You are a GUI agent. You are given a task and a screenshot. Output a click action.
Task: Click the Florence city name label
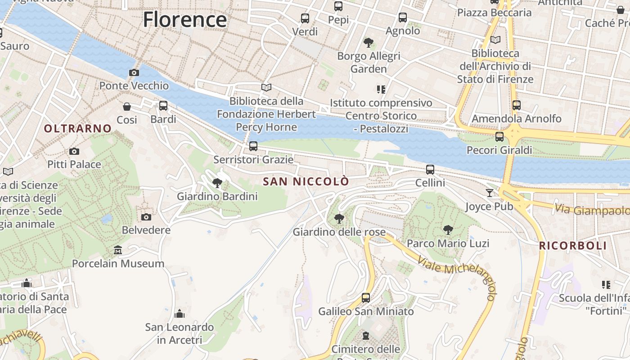[x=185, y=20]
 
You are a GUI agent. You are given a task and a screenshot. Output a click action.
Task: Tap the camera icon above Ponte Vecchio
[x=134, y=72]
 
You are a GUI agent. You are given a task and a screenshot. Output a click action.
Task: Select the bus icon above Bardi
[x=163, y=106]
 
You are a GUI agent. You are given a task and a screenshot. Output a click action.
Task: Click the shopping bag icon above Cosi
[x=127, y=107]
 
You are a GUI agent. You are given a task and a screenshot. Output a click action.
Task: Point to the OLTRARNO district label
[x=77, y=129]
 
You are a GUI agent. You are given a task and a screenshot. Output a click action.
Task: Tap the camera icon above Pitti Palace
[x=74, y=151]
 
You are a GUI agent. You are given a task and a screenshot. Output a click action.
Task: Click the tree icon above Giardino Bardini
[x=217, y=183]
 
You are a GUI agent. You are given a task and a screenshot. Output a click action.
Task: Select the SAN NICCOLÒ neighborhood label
[x=306, y=182]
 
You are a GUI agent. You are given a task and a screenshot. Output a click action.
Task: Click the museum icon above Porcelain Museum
[x=118, y=250]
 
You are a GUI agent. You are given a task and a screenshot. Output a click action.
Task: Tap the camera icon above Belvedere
[x=146, y=217]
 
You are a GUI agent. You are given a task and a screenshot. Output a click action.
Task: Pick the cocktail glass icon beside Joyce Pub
[x=490, y=193]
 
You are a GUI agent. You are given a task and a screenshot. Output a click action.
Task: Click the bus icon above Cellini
[x=430, y=170]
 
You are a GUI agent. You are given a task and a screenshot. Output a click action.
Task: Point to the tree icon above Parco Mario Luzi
[x=448, y=230]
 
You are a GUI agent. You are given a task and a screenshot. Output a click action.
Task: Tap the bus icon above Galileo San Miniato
[x=366, y=297]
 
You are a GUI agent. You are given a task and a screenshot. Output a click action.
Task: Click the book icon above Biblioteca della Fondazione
[x=266, y=87]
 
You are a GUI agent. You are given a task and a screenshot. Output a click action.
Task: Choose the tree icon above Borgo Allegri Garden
[x=369, y=43]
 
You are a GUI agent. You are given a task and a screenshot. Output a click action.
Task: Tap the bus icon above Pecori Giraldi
[x=499, y=137]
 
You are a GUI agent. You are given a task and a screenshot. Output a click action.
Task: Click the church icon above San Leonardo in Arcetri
[x=180, y=313]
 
